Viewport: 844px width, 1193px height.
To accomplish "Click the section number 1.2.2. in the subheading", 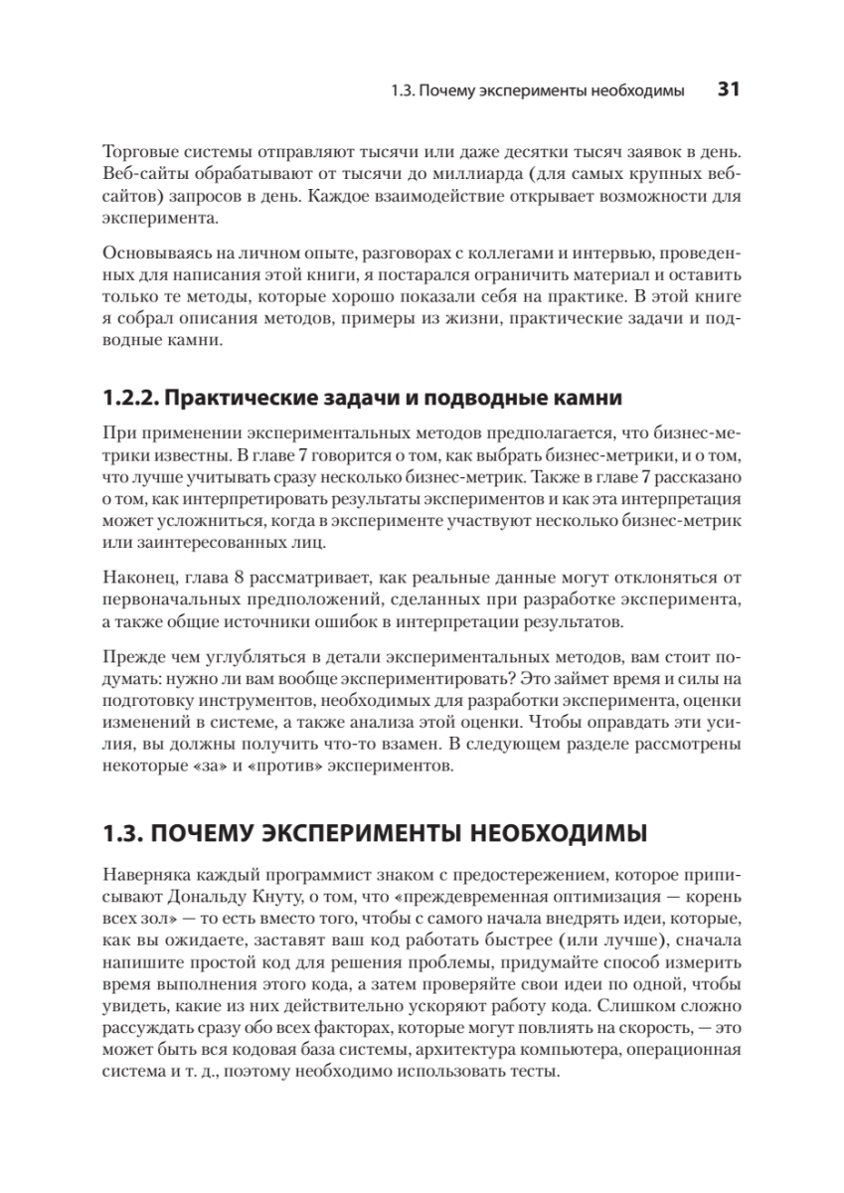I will click(x=127, y=400).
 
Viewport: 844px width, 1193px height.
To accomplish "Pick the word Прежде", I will click(x=130, y=658).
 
